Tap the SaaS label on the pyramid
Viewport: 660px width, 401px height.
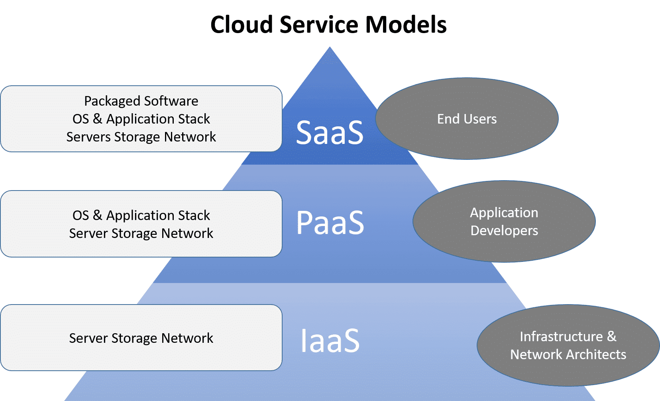point(330,132)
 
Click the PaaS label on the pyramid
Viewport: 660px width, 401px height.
point(330,222)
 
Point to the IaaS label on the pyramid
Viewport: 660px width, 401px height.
point(330,341)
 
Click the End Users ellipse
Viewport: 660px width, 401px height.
point(467,119)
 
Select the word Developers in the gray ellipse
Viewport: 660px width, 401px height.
point(504,231)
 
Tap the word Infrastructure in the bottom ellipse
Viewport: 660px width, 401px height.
point(561,336)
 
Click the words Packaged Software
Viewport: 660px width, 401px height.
point(141,101)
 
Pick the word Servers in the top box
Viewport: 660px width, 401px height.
point(88,137)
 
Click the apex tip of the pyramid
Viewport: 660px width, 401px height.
point(330,49)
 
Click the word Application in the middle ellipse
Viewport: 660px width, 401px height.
point(504,213)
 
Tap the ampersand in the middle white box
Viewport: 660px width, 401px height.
point(98,215)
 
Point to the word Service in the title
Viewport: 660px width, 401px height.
point(318,25)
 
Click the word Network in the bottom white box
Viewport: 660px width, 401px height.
point(187,338)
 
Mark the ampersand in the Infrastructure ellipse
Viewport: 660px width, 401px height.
point(611,336)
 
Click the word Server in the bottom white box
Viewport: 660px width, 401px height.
point(88,338)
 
